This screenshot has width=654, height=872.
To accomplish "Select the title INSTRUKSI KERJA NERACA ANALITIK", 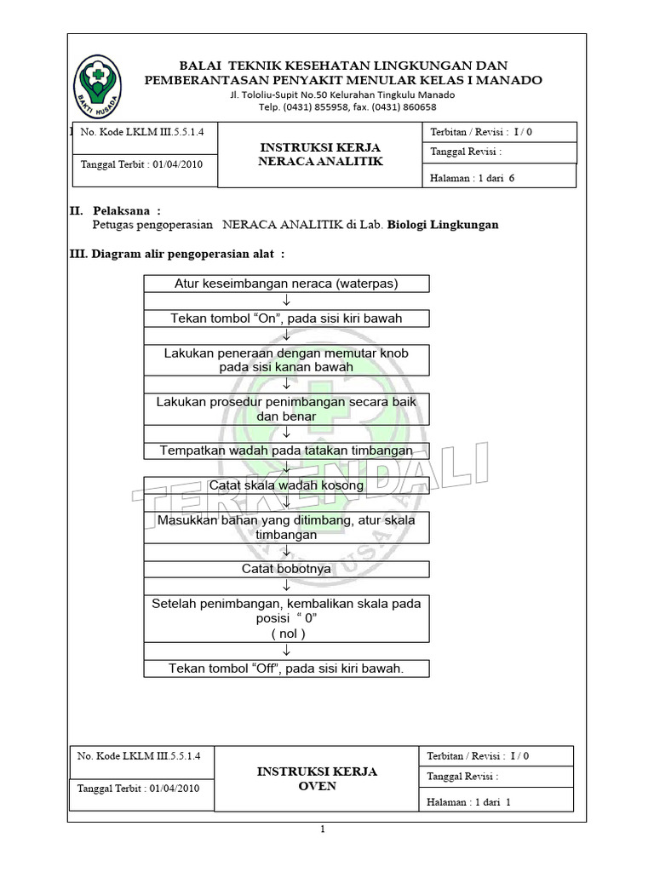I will click(320, 154).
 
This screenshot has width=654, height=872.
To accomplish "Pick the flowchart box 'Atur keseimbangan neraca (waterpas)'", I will click(286, 284).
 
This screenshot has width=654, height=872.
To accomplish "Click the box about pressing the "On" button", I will click(286, 318).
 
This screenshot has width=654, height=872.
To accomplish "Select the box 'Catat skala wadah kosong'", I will click(286, 485).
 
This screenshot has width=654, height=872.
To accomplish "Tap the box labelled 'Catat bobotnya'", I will click(286, 569).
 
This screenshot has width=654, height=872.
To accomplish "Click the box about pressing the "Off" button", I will click(286, 668).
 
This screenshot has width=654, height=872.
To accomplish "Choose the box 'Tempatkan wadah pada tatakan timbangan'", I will click(286, 450).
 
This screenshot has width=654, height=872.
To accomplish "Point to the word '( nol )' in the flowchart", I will click(288, 634).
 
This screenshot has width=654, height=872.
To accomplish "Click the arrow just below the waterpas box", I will click(287, 301).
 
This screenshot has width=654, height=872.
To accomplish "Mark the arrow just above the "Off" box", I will click(287, 651).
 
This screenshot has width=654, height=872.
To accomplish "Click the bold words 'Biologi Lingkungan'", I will click(443, 225).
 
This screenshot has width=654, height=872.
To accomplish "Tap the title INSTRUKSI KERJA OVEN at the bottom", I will click(317, 778).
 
